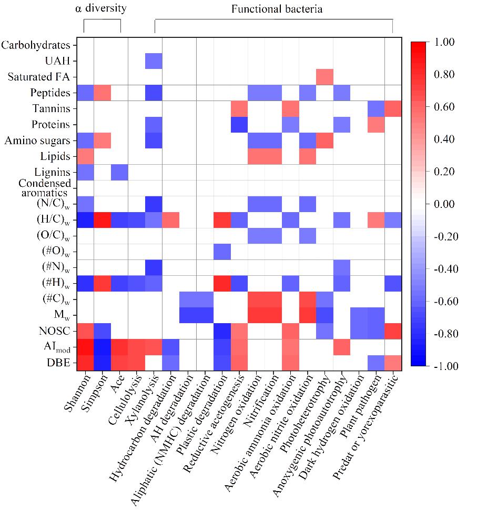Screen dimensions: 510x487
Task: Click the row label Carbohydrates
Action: click(36, 45)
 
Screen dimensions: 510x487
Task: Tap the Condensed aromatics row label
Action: click(45, 187)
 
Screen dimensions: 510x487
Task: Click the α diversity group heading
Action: click(100, 8)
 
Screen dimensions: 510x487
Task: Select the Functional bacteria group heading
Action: click(277, 9)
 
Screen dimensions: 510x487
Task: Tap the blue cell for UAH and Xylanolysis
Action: click(154, 61)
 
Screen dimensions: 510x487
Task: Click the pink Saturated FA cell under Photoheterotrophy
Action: click(324, 77)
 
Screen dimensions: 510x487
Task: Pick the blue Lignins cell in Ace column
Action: click(119, 172)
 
